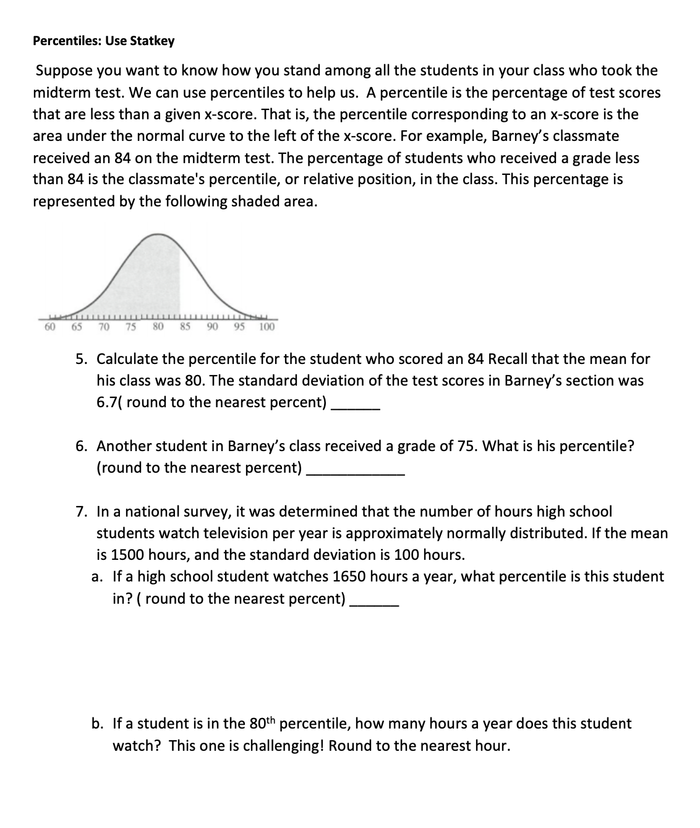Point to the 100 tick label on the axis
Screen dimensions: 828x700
point(267,326)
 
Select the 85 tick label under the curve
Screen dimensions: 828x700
point(184,326)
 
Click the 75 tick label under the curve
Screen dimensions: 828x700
point(132,326)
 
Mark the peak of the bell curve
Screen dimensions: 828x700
point(160,235)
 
